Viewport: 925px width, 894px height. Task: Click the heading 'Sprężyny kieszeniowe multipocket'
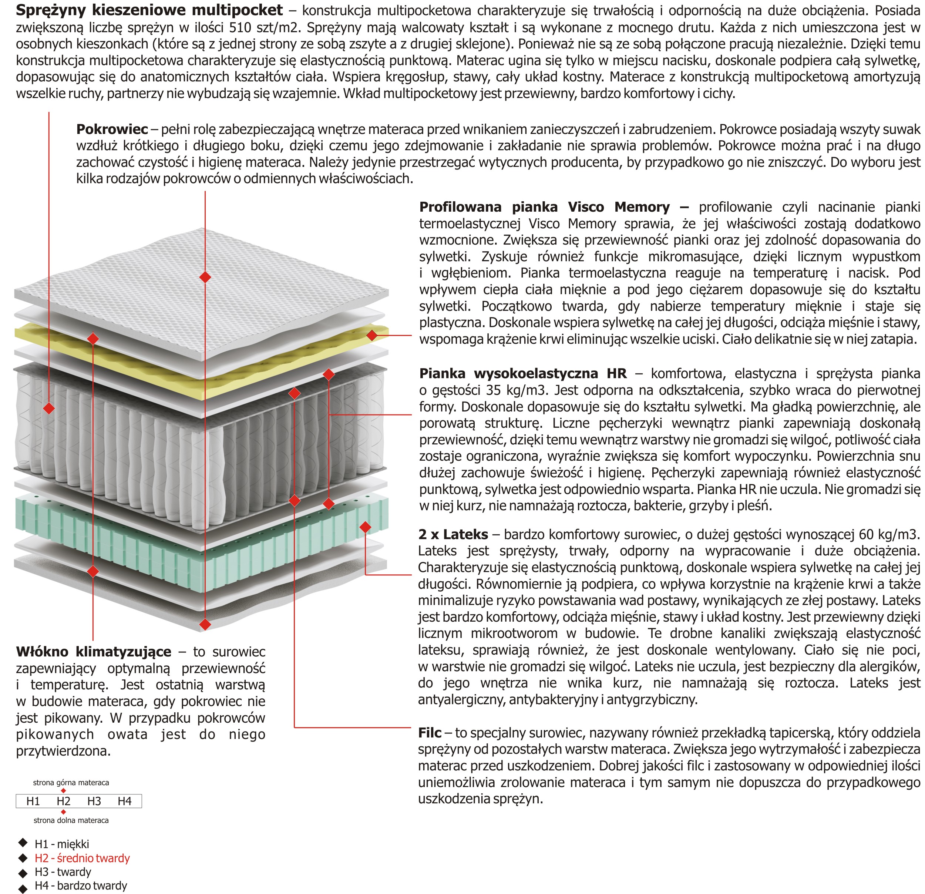[x=149, y=10]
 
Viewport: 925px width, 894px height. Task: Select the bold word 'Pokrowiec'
[x=112, y=130]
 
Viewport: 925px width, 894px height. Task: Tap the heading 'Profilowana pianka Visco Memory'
[x=544, y=207]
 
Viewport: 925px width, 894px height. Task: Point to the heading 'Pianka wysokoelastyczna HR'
[x=523, y=373]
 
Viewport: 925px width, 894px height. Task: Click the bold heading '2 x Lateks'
[x=453, y=534]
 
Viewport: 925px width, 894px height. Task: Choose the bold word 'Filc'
[x=430, y=733]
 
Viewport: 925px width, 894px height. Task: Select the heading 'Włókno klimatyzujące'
[x=94, y=652]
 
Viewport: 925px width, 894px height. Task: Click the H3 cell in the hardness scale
[x=94, y=801]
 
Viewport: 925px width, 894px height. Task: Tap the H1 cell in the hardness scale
[x=33, y=801]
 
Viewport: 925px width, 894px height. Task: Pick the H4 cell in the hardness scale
[x=125, y=801]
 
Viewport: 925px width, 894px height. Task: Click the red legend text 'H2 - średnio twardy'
[x=82, y=858]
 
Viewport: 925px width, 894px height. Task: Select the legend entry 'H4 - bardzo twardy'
[x=81, y=885]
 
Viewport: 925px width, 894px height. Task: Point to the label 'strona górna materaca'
[x=71, y=783]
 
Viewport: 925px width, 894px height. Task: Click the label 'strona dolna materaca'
[x=71, y=820]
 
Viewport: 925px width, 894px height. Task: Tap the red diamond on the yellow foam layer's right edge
[x=372, y=336]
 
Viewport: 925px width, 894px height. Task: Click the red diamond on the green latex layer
[x=365, y=527]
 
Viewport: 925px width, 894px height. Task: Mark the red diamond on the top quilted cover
[x=205, y=277]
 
